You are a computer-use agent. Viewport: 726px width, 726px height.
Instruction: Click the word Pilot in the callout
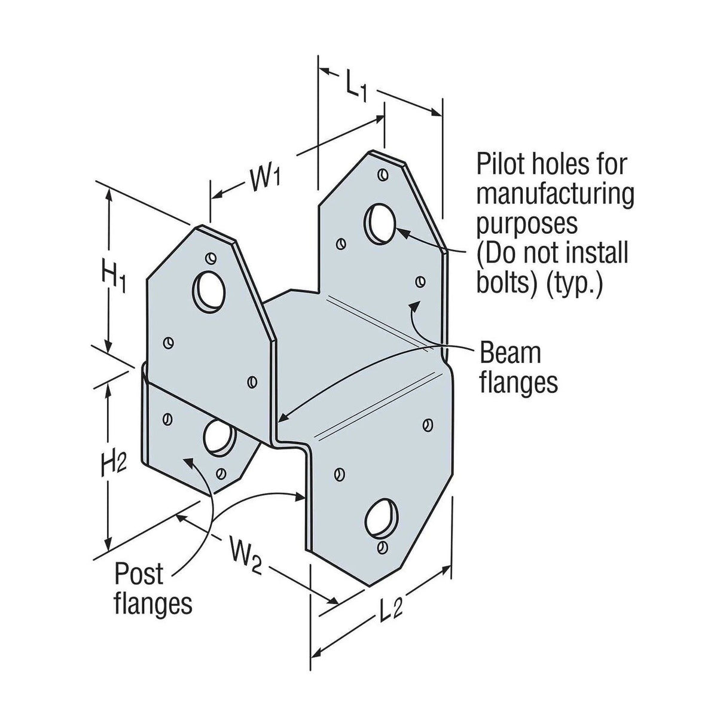point(501,164)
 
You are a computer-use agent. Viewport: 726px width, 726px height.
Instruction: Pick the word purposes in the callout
point(527,224)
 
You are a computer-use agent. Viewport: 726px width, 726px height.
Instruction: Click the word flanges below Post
point(154,604)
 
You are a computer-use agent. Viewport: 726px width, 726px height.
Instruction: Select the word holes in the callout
point(565,164)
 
